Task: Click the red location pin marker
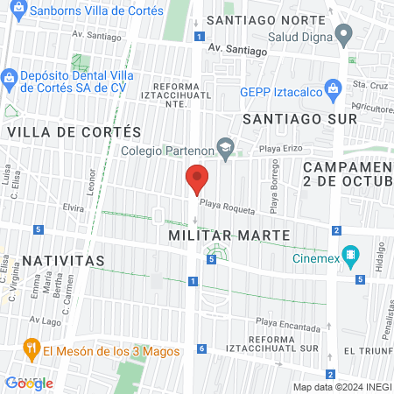click(x=197, y=179)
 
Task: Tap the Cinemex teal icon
click(x=351, y=257)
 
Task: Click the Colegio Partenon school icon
click(x=226, y=149)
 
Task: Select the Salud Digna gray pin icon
click(x=344, y=36)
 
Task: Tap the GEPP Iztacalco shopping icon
click(x=333, y=88)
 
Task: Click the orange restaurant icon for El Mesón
click(x=31, y=349)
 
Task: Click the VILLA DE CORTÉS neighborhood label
click(x=74, y=131)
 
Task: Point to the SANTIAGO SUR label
click(x=299, y=117)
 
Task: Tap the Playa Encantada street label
click(x=288, y=325)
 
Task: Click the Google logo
click(x=29, y=383)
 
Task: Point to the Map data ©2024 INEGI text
click(x=341, y=387)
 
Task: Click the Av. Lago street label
click(x=43, y=320)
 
